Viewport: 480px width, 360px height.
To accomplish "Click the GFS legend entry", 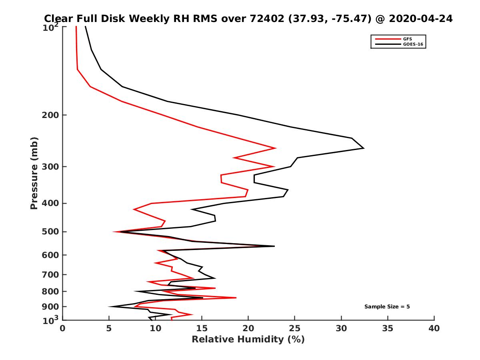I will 408,39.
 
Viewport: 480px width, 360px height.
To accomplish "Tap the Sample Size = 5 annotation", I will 387,307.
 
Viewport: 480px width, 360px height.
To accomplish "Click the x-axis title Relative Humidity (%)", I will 248,340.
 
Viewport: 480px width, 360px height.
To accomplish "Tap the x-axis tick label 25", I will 295,329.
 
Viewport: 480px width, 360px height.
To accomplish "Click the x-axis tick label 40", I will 434,329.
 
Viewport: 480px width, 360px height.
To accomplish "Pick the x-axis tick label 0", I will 63,329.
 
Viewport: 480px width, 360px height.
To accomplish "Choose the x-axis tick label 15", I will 202,329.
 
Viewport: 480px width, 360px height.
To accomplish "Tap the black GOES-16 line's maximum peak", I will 363,148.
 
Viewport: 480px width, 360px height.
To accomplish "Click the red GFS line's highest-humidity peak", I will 276,148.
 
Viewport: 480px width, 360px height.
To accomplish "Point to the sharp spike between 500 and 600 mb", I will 274,246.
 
